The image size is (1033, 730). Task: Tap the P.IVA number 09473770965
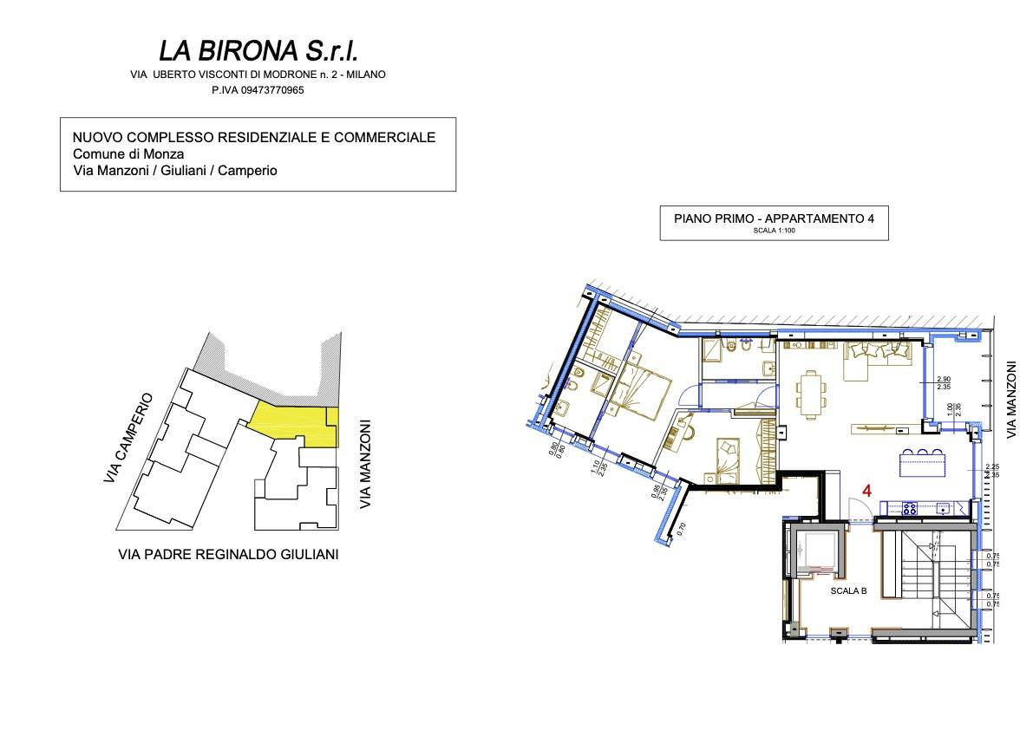click(258, 90)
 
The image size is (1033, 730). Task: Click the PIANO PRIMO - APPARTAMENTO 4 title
click(774, 218)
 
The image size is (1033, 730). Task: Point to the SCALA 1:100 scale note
click(774, 231)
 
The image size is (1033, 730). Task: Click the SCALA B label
click(848, 590)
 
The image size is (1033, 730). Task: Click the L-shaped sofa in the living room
click(876, 358)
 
